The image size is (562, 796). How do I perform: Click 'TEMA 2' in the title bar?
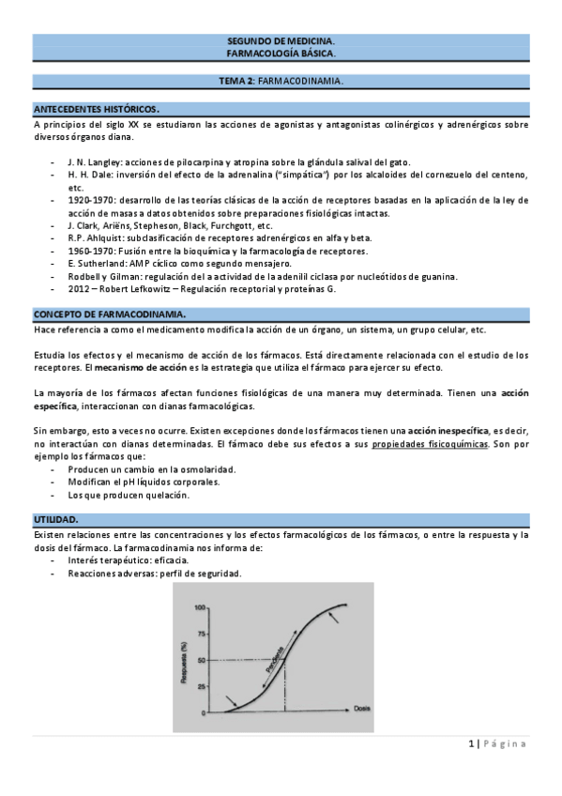pos(235,81)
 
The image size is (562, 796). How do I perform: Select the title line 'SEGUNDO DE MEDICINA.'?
pos(281,42)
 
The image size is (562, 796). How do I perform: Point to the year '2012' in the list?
pos(80,289)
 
